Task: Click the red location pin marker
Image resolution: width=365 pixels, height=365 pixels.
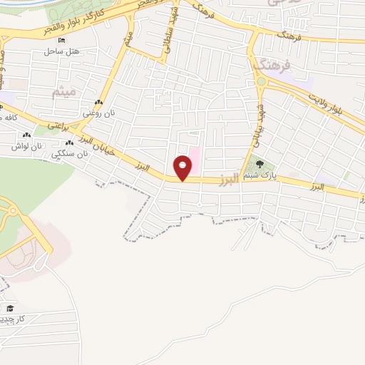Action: pyautogui.click(x=183, y=168)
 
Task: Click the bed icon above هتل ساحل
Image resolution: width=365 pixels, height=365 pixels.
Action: pyautogui.click(x=63, y=41)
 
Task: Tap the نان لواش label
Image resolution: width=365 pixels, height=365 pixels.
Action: pyautogui.click(x=24, y=145)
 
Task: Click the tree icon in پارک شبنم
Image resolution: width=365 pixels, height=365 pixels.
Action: pyautogui.click(x=259, y=165)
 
